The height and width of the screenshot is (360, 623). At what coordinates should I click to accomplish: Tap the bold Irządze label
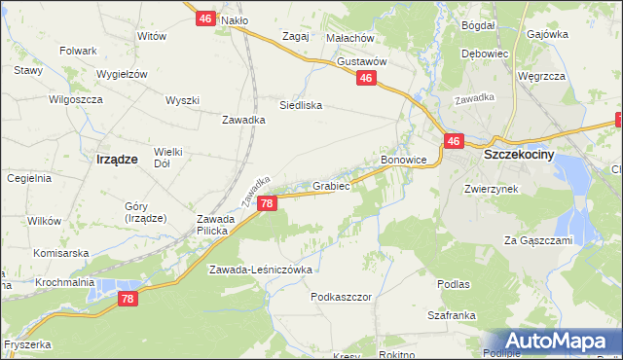point(117,158)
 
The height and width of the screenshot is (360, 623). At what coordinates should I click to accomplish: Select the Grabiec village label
point(331,184)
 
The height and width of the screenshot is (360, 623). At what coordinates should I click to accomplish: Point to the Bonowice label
point(403,159)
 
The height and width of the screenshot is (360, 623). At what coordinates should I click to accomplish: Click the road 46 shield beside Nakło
point(204,18)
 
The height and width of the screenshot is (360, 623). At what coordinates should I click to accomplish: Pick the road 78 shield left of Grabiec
point(269,203)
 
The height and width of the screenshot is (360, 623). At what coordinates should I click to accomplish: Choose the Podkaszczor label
point(342,296)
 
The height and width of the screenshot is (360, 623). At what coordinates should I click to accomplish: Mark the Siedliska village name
point(300,105)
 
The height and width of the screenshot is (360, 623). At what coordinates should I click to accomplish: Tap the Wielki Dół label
point(167,158)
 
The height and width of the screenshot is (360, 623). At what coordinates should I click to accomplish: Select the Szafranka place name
point(451,315)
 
